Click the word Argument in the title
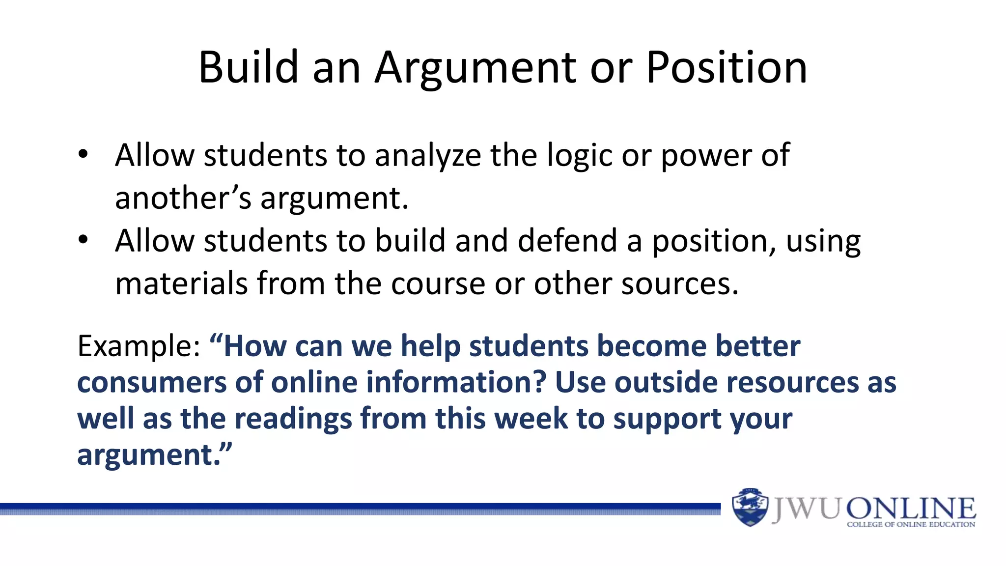(475, 69)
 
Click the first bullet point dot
(83, 154)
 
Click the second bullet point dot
(83, 240)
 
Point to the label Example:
(139, 346)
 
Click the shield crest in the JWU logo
(750, 508)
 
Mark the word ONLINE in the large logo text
(911, 509)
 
